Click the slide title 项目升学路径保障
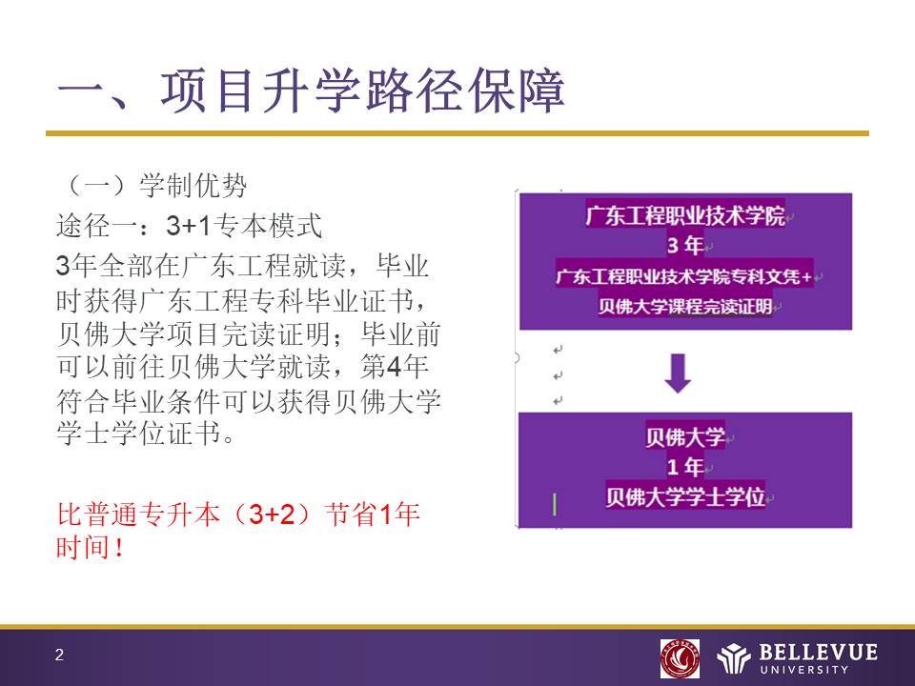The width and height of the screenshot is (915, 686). [x=363, y=91]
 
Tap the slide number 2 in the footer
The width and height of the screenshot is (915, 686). [x=59, y=656]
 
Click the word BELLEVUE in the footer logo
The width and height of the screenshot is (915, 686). [x=818, y=652]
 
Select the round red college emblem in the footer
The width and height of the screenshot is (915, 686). [x=680, y=658]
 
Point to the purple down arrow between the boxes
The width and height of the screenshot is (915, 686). [x=678, y=373]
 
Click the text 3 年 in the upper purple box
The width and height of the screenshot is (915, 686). [x=685, y=245]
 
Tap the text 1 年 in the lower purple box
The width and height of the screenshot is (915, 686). [x=685, y=467]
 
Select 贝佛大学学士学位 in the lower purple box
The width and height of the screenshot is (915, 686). [x=685, y=497]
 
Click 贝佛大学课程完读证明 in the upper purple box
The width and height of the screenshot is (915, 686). [x=685, y=306]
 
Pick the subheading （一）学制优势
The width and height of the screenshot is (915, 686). [x=152, y=186]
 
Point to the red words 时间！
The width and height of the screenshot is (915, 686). [x=91, y=547]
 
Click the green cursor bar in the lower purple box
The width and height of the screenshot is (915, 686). [x=555, y=505]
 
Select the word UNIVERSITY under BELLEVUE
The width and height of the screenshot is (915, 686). [x=804, y=670]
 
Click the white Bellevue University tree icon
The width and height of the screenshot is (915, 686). [x=734, y=658]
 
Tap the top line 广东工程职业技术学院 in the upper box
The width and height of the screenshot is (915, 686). [x=685, y=215]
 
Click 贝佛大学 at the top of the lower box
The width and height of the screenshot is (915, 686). [x=685, y=436]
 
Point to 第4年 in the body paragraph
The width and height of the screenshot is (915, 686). [x=394, y=367]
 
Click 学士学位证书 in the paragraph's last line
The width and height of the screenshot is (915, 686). [x=139, y=433]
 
